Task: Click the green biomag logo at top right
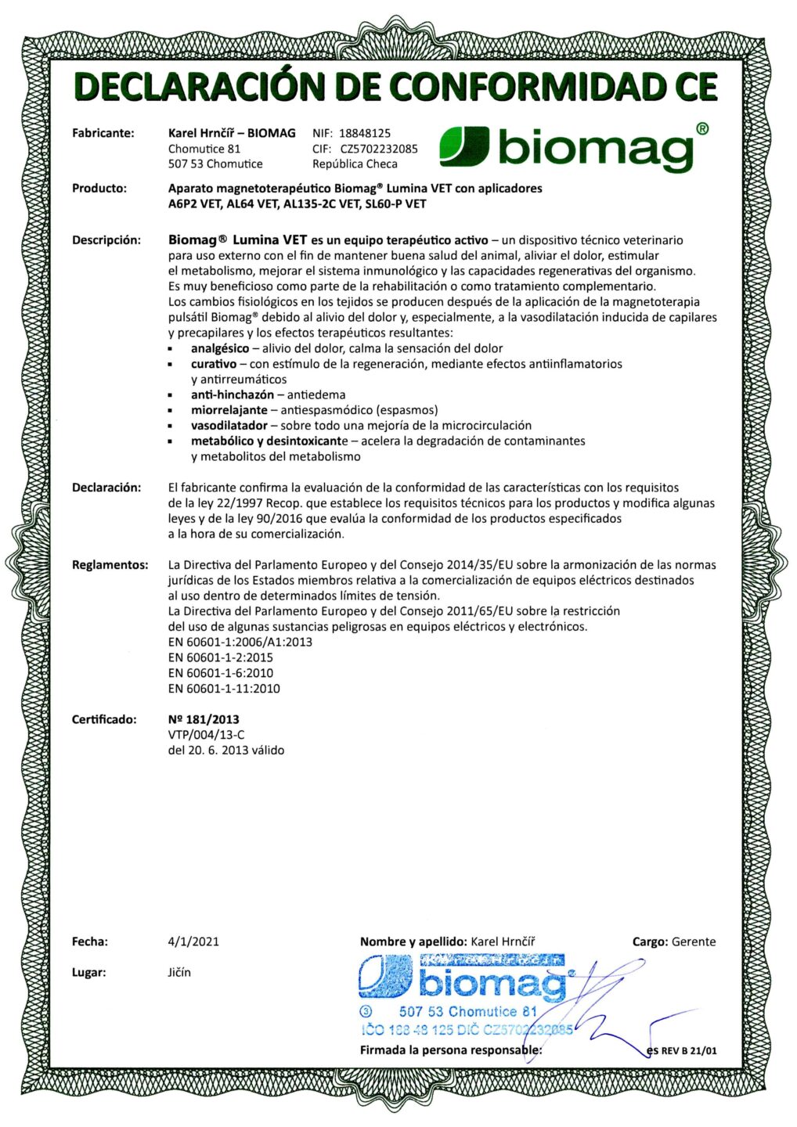tap(574, 146)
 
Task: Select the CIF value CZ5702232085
tap(378, 149)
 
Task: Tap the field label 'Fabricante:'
tap(103, 133)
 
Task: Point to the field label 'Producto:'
tap(99, 188)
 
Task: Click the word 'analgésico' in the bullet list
tap(220, 348)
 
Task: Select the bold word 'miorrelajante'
tap(229, 410)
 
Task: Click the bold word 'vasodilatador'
tap(229, 426)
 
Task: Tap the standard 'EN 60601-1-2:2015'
tap(220, 657)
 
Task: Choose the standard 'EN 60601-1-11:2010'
tap(223, 689)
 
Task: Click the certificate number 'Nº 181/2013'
tap(204, 719)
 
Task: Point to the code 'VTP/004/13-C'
tap(206, 735)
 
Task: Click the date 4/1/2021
tap(193, 942)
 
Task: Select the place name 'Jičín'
tap(179, 973)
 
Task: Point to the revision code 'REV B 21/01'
tap(688, 1050)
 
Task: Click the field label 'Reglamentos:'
tap(110, 565)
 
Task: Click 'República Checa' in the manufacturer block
tap(355, 164)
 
